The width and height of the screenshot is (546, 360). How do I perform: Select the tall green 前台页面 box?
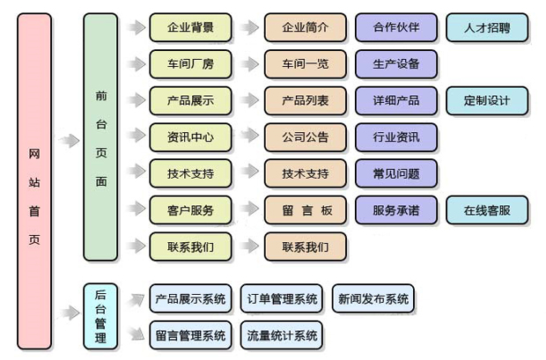pos(100,137)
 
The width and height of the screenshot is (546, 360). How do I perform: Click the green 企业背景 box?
pos(190,27)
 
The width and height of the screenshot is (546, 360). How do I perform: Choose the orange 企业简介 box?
pos(305,27)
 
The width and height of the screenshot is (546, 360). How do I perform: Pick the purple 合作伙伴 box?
pos(395,27)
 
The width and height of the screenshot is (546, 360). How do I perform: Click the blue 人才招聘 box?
pos(487,27)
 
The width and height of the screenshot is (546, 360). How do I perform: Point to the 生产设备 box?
pos(395,64)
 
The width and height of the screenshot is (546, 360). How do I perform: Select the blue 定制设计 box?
pos(487,100)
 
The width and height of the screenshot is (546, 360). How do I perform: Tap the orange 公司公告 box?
pos(305,137)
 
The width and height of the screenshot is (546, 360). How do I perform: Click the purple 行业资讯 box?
pos(395,137)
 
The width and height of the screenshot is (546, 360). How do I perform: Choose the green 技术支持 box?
pos(190,173)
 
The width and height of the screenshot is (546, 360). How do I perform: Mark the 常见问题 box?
pos(395,173)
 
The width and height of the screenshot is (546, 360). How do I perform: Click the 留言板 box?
pos(305,210)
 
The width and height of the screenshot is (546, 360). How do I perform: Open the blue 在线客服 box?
pos(487,210)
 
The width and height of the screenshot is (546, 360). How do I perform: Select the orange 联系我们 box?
pos(305,246)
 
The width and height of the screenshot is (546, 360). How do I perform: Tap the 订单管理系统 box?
pos(282,298)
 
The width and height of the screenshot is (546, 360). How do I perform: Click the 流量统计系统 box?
pos(282,334)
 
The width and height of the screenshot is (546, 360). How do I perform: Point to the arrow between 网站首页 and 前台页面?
pos(68,138)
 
